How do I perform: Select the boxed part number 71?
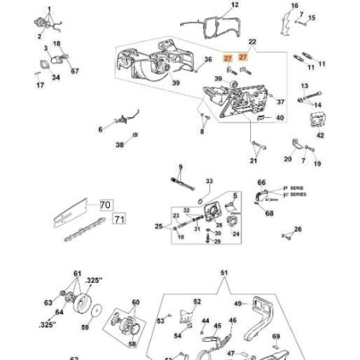click(x=119, y=218)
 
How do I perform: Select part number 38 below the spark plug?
click(x=119, y=145)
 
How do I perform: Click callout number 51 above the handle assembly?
click(x=224, y=272)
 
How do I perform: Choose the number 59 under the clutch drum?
click(x=86, y=327)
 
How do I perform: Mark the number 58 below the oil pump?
click(x=132, y=344)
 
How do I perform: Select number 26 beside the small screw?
click(x=298, y=229)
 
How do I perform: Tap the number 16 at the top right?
click(x=294, y=6)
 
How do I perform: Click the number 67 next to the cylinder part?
click(x=75, y=71)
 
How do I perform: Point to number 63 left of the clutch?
click(x=48, y=303)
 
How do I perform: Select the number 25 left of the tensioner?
click(x=159, y=227)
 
